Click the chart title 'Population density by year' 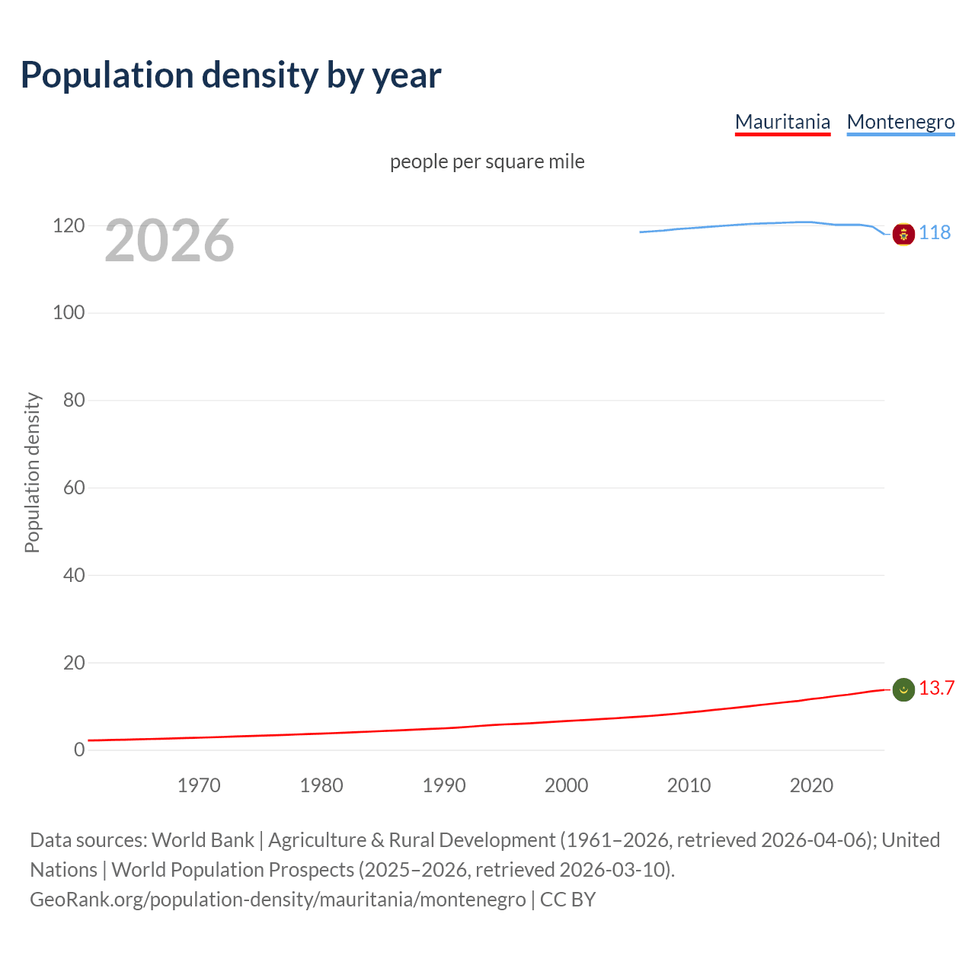tap(231, 75)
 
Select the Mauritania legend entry tap(782, 122)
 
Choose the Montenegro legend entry tap(900, 122)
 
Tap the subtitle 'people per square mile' tap(487, 161)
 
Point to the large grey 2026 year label tap(169, 241)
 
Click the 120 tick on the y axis tap(69, 225)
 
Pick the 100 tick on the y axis tap(69, 312)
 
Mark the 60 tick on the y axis tap(73, 487)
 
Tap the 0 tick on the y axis tap(79, 750)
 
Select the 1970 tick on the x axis tap(199, 785)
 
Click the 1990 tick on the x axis tap(444, 785)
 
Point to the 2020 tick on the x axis tap(811, 785)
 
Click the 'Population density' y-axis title tap(32, 472)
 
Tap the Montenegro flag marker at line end tap(903, 234)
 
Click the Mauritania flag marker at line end tap(903, 689)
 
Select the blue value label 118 tap(935, 232)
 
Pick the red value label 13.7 tap(936, 688)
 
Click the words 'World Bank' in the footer tap(203, 840)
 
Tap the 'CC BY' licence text tap(567, 900)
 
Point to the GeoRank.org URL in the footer tap(278, 900)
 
